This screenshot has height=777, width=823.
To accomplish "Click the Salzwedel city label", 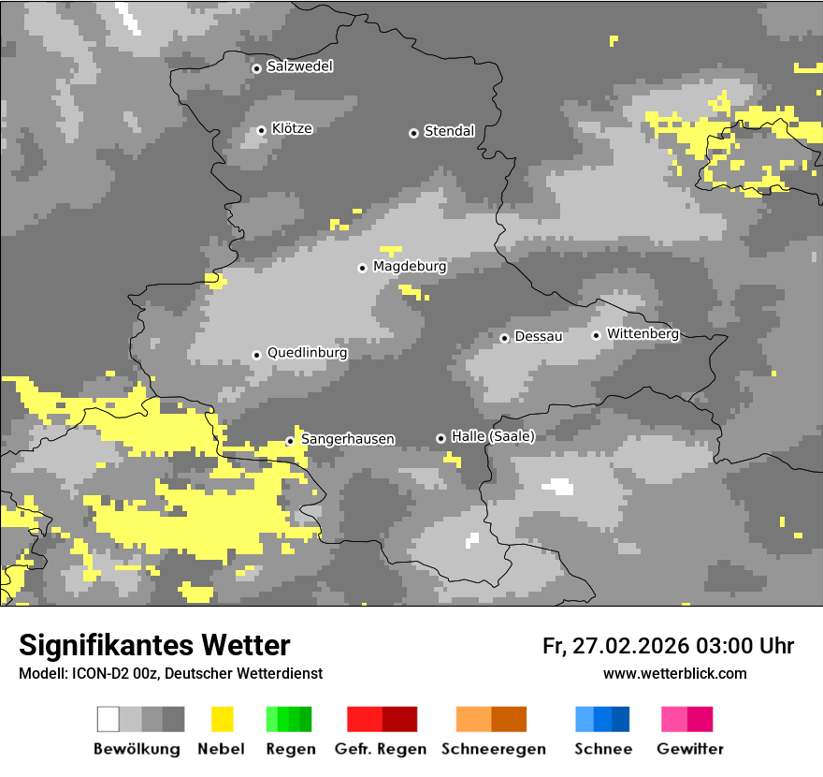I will pos(299,66).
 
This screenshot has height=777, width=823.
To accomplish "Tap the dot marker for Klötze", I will pos(261,130).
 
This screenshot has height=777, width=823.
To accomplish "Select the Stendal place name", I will pos(449,131).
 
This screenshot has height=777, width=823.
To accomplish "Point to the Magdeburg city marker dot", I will pos(362,268).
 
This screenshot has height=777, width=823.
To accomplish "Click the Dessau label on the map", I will pos(539,336).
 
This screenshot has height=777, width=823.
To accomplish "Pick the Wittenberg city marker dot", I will pos(596,335).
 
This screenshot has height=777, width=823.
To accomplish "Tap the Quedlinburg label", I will pos(307,353).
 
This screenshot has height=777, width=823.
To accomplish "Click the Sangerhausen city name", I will pos(347,439).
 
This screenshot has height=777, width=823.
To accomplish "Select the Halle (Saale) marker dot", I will pos(440,438).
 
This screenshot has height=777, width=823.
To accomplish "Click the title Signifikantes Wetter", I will pos(154,645).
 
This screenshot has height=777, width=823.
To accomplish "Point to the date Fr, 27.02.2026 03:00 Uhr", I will pos(668,646).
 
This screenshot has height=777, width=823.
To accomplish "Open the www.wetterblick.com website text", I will pos(674,673).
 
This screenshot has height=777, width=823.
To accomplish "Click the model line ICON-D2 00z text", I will pos(170,673).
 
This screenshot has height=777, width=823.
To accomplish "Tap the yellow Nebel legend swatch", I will pos(223,719).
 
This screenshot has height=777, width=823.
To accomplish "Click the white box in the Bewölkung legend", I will pos(108,719).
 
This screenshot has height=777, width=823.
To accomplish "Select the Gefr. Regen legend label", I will pos(380,749).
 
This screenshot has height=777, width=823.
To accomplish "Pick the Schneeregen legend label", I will pos(493,749).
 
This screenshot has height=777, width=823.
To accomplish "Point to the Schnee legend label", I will pos(603,749).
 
